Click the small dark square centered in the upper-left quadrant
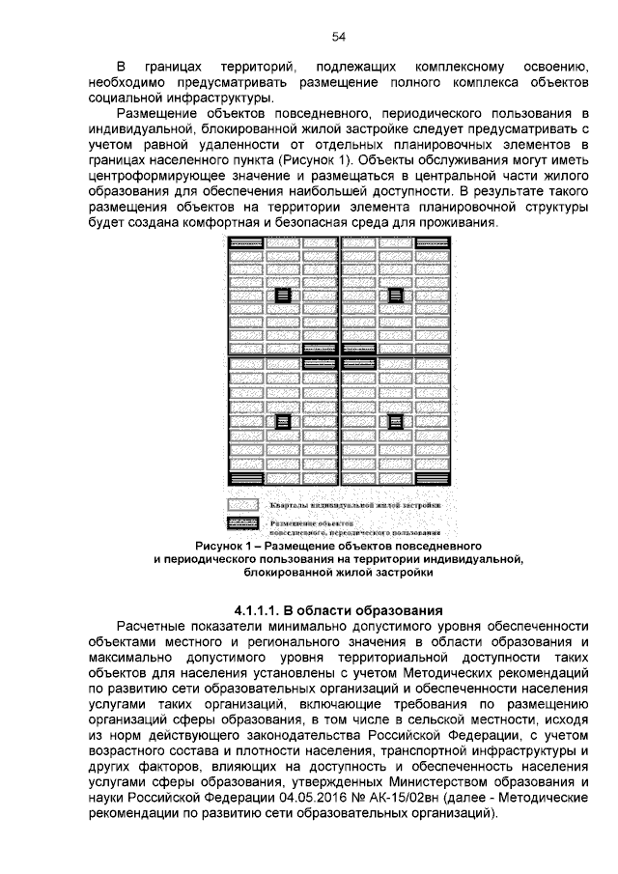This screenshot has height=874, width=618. pos(283,296)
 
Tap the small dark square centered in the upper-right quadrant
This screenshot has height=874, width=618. pos(394,296)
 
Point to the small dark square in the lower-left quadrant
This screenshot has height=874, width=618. pos(283,421)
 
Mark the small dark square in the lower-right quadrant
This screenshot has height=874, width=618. pos(394,421)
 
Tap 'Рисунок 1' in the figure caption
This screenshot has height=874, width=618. pos(226,546)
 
